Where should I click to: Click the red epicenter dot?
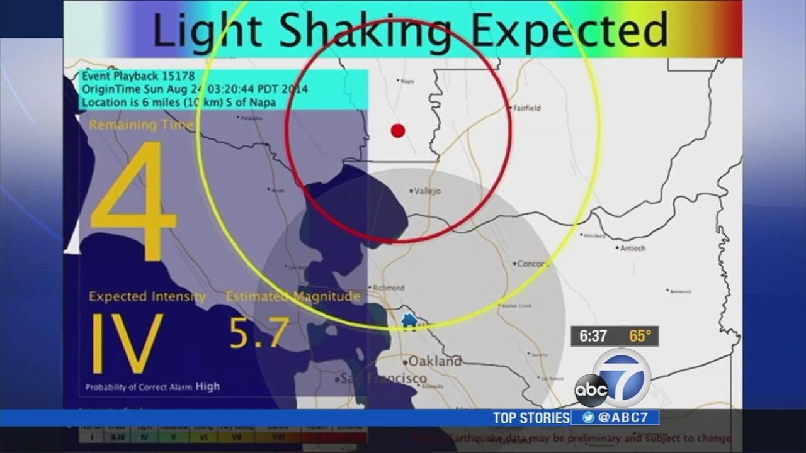point(397,130)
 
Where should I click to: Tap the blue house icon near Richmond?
point(409,321)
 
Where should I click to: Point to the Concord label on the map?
point(533,264)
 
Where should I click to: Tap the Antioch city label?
point(633,248)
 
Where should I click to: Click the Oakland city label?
point(434,361)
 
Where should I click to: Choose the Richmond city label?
point(389,288)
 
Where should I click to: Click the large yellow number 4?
point(133,201)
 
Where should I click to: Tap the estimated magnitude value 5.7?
point(259,333)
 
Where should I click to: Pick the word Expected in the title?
point(569,30)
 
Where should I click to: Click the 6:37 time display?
point(593,337)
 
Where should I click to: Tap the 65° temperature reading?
point(640,337)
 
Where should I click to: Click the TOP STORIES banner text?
point(531,418)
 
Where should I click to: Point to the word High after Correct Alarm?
point(207,386)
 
